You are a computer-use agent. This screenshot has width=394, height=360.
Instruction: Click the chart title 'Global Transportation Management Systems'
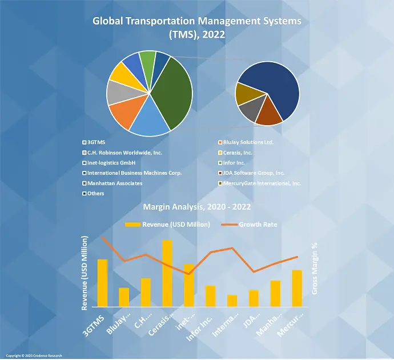coord(197,22)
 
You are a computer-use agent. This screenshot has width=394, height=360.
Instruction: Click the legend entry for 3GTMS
coord(98,142)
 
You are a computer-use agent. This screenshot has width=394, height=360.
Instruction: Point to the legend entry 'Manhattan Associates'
coord(114,183)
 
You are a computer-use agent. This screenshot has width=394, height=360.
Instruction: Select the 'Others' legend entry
coord(96,193)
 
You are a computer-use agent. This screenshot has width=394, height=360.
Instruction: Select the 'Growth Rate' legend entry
coord(258,225)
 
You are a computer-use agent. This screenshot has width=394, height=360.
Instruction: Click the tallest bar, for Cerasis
coord(167,273)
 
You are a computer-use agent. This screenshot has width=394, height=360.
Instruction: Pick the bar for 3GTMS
coord(102,283)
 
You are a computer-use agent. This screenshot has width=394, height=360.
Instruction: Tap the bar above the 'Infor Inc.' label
coord(210,296)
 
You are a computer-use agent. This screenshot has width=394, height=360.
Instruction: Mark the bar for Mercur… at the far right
coord(297,288)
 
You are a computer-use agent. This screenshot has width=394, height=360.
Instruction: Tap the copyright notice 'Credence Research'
coord(34,355)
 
